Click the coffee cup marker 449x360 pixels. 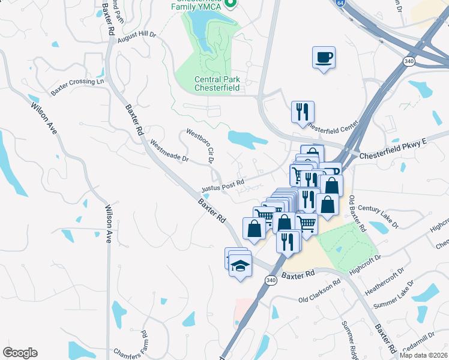[x=324, y=58]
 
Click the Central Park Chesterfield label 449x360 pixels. [x=217, y=83]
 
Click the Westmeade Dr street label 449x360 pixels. [x=169, y=152]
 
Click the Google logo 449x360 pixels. [x=20, y=353]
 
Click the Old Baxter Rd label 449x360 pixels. [x=358, y=214]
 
